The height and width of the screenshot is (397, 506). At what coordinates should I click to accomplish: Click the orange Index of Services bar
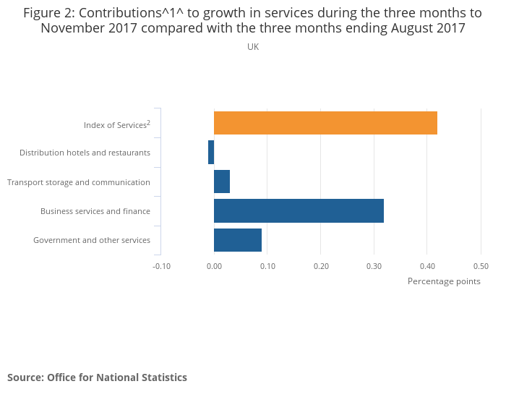[x=325, y=123]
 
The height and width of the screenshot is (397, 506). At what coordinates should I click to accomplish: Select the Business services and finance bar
[x=299, y=210]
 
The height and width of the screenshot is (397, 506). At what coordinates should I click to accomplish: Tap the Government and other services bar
[x=238, y=239]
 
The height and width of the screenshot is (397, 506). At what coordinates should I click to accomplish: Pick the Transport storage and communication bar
[x=222, y=182]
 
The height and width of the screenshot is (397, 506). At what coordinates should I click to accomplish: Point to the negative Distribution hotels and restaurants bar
[x=211, y=153]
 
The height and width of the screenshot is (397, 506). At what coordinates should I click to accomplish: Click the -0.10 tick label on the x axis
[x=161, y=266]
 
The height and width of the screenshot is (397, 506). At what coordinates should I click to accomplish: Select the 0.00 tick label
[x=214, y=266]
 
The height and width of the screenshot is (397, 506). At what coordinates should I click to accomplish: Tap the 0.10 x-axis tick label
[x=267, y=266]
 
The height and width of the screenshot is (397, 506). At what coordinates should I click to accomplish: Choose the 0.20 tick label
[x=321, y=266]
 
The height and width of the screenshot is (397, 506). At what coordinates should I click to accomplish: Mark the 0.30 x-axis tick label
[x=374, y=266]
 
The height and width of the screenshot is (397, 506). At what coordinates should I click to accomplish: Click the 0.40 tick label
[x=427, y=266]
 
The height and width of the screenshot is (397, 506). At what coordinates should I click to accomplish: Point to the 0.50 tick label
[x=481, y=266]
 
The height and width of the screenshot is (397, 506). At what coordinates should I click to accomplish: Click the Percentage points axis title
[x=444, y=281]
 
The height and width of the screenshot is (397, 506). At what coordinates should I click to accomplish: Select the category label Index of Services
[x=116, y=125]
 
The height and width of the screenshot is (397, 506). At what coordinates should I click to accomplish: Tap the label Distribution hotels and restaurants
[x=85, y=153]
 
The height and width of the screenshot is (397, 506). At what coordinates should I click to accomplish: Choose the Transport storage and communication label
[x=79, y=182]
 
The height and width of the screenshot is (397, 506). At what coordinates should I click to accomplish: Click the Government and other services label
[x=92, y=240]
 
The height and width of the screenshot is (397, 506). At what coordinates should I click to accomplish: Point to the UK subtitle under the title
[x=253, y=47]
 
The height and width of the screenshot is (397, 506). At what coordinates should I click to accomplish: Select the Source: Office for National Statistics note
[x=97, y=377]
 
